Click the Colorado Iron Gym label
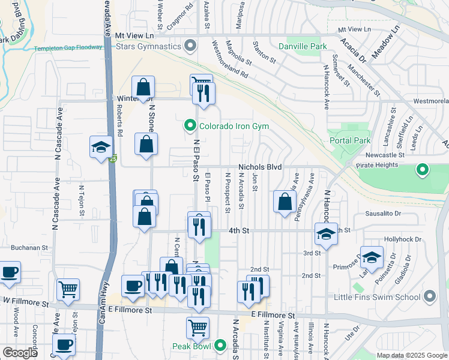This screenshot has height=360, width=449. tap(234, 126)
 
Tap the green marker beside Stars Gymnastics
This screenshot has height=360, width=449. tap(191, 46)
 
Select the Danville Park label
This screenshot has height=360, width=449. tap(303, 46)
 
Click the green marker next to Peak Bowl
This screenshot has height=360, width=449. tap(220, 346)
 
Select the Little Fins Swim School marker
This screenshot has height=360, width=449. tap(429, 296)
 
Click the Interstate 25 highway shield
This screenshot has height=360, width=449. tap(113, 159)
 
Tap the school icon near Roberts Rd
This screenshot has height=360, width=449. tap(101, 147)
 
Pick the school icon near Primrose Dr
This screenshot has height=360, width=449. tap(372, 257)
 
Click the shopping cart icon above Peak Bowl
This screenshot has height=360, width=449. tap(197, 328)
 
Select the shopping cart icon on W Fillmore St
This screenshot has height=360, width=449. tap(68, 289)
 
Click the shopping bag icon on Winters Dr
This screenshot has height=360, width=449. tap(143, 87)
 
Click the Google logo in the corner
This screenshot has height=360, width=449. tap(20, 353)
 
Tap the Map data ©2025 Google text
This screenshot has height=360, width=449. tap(412, 355)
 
